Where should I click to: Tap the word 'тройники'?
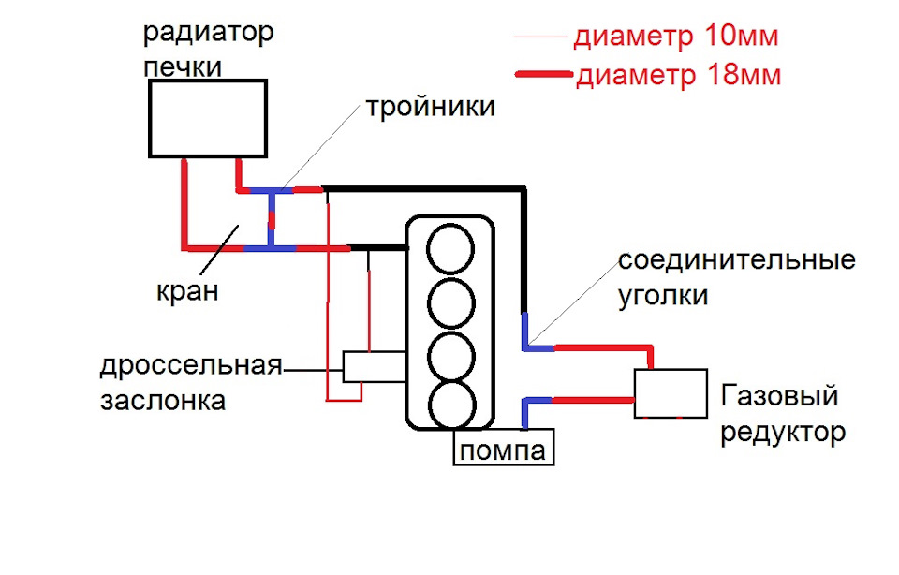point(431,107)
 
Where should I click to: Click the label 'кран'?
point(187,291)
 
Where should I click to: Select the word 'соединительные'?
point(737,261)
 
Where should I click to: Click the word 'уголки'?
point(663,296)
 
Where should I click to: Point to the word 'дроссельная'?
point(191,366)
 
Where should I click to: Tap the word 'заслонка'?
point(163,401)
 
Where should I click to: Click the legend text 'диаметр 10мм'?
point(676,37)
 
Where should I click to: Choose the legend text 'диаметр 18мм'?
point(678,75)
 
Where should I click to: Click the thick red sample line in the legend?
point(544,74)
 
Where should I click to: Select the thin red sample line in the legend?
point(540,37)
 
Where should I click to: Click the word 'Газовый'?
point(779,396)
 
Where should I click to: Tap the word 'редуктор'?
point(783,433)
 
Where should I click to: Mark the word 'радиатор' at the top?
point(209,33)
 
